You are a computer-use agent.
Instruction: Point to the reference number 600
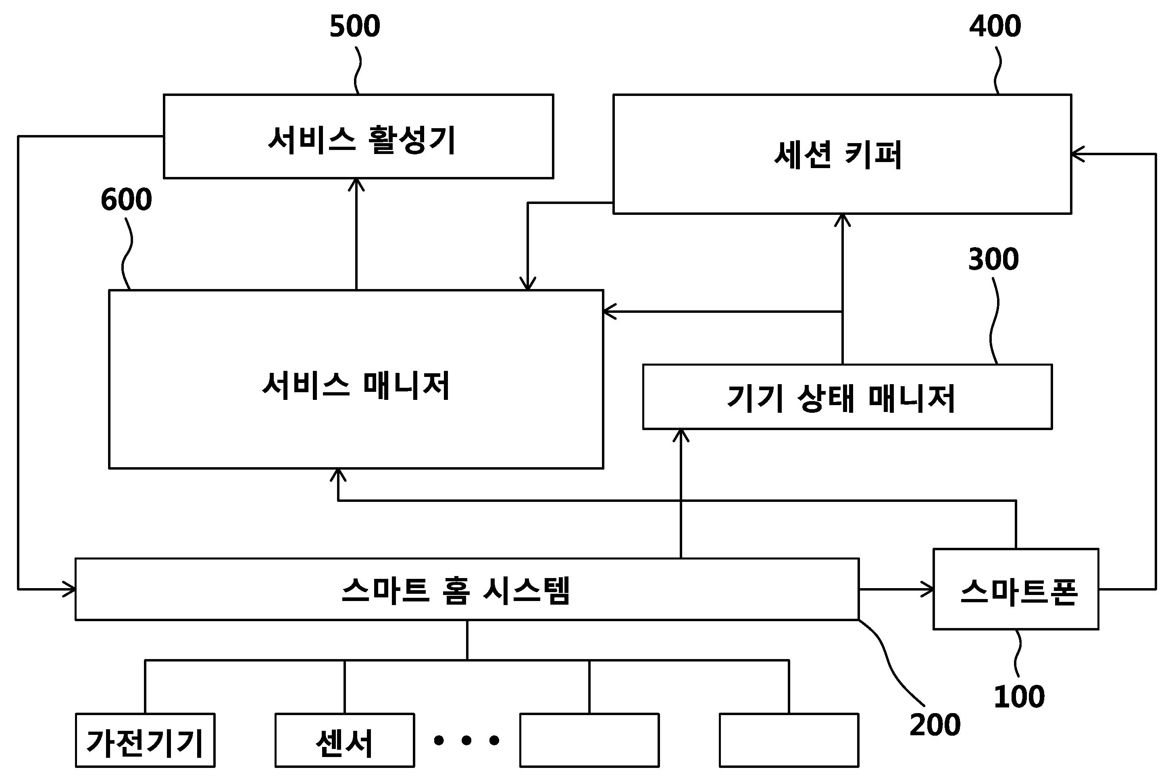126,200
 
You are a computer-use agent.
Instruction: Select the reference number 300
993,260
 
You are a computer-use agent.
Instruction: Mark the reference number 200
935,725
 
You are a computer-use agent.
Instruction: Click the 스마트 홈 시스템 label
456,590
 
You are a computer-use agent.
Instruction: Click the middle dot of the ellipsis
466,740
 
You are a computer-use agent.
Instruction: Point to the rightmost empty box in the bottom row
789,740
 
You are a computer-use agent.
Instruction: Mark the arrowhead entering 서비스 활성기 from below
356,184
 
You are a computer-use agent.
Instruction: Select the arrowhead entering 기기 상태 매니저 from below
681,435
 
